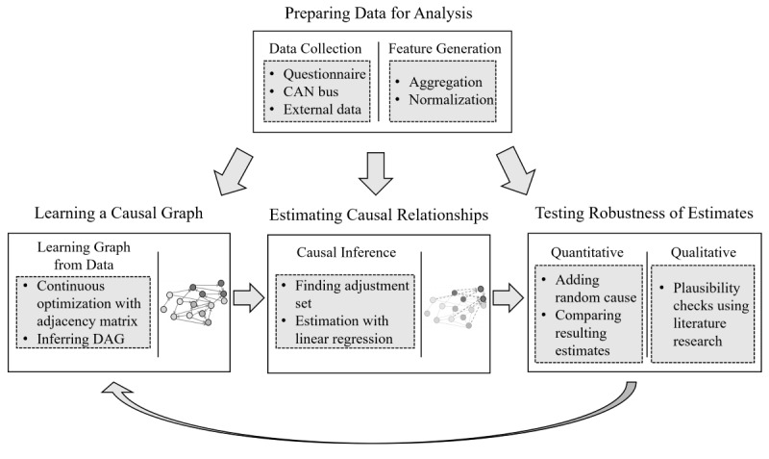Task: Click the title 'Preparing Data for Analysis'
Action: point(384,14)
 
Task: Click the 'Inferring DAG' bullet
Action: point(78,338)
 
